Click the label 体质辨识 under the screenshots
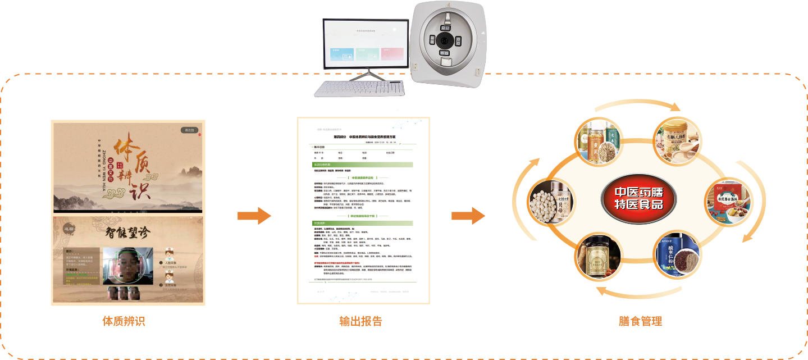coord(124,321)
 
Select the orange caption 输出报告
coord(361,321)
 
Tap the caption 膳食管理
coord(640,321)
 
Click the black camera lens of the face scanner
coord(446,40)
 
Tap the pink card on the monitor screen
coord(393,53)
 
